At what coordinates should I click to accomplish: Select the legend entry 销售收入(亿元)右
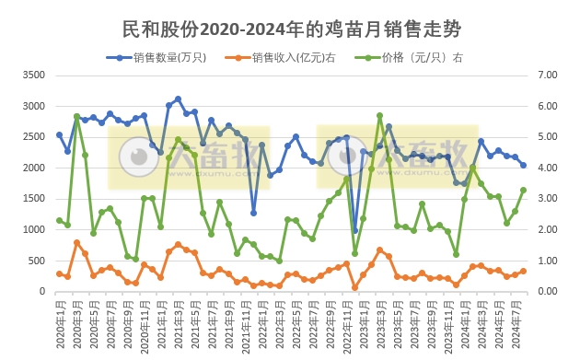pyautogui.click(x=296, y=57)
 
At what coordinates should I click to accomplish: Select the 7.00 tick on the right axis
pyautogui.click(x=550, y=75)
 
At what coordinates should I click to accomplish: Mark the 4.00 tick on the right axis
pyautogui.click(x=550, y=168)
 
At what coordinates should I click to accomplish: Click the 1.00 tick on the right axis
pyautogui.click(x=550, y=261)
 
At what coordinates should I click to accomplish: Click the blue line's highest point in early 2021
pyautogui.click(x=178, y=99)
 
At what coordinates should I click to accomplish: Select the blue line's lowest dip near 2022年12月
pyautogui.click(x=354, y=231)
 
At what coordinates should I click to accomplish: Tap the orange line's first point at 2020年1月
pyautogui.click(x=59, y=273)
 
